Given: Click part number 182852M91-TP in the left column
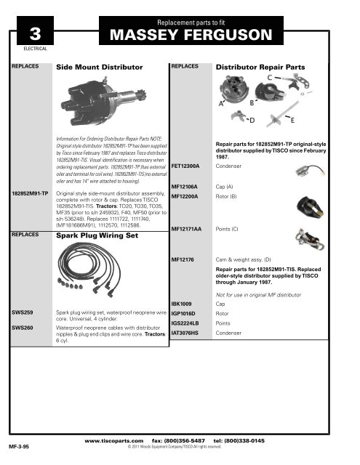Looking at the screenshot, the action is [x=30, y=195].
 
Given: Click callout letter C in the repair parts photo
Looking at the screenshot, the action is [x=279, y=78].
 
